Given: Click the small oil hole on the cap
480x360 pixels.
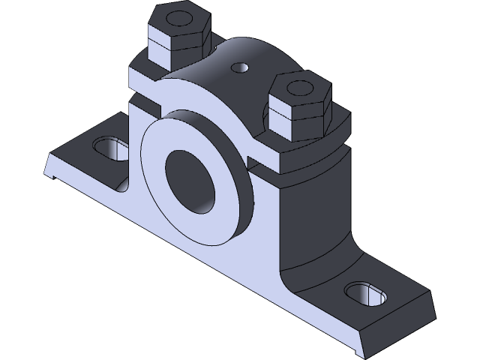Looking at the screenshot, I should coord(240,67).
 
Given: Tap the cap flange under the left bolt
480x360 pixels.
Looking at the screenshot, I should coord(142,71).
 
